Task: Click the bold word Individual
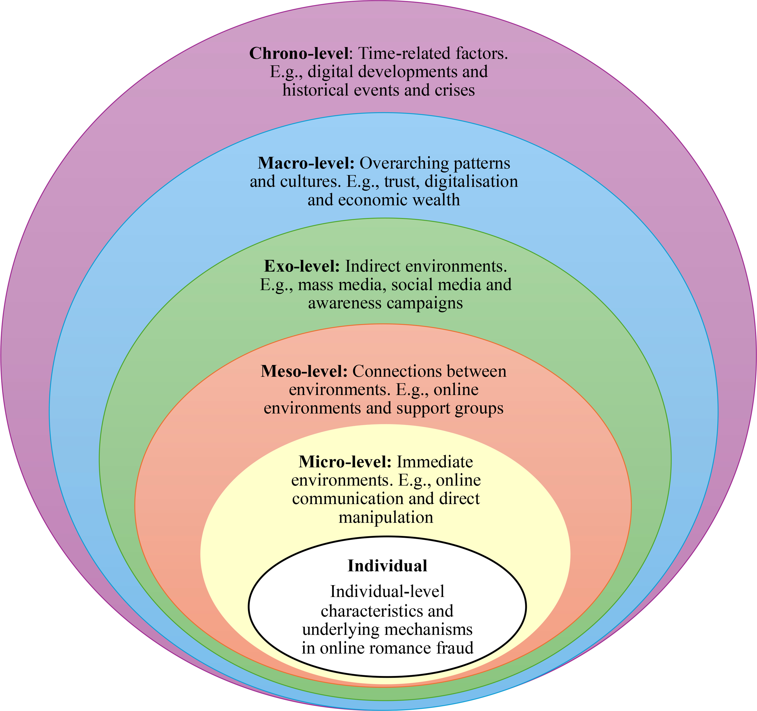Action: click(x=387, y=566)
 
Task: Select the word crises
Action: click(x=454, y=90)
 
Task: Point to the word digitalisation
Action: click(x=471, y=181)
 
